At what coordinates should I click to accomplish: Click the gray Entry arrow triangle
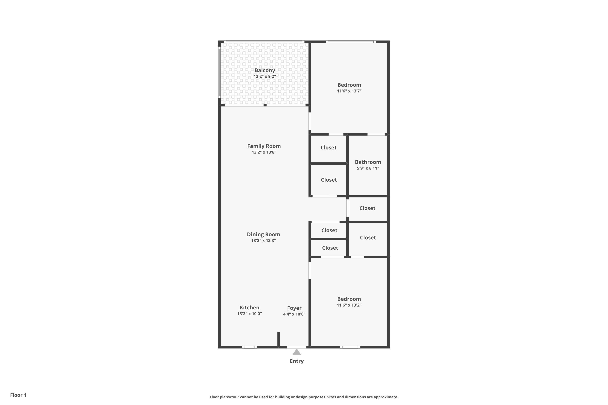click(297, 352)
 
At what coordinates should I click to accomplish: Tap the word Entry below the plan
click(297, 361)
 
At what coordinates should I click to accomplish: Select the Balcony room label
click(265, 70)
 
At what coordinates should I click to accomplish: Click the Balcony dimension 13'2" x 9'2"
click(265, 77)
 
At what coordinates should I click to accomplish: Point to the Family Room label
click(264, 146)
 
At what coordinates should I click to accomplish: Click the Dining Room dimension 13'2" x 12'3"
click(263, 241)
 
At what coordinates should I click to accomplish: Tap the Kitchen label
click(249, 308)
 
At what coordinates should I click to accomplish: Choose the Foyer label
click(294, 308)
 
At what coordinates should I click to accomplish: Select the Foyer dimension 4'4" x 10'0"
click(294, 314)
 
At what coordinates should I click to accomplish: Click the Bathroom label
click(368, 162)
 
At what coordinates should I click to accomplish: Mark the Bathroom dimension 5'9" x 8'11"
click(368, 168)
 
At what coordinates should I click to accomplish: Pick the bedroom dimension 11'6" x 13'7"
click(349, 91)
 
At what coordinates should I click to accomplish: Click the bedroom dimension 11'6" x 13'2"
click(349, 305)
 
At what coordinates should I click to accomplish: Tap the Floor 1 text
click(18, 395)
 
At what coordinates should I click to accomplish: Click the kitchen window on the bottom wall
click(249, 347)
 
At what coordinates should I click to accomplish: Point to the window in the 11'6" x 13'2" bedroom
click(350, 347)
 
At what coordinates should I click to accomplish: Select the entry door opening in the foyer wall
click(297, 347)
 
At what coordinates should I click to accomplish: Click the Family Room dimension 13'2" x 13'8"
click(264, 152)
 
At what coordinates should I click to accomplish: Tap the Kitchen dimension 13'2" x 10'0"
click(249, 314)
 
